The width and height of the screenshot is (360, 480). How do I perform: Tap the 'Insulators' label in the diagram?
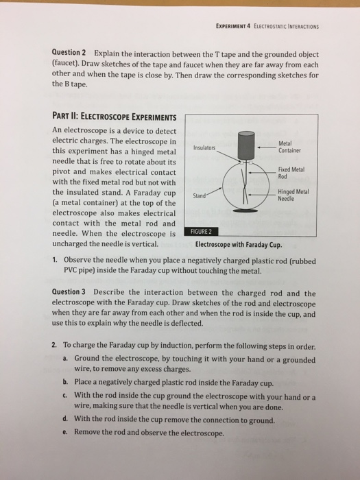[204, 148]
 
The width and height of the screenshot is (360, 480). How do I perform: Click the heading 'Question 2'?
[69, 53]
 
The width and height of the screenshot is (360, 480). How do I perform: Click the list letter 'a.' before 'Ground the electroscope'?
[64, 359]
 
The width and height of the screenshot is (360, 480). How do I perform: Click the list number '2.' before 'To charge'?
[56, 345]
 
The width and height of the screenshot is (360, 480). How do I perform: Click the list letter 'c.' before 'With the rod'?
[64, 396]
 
